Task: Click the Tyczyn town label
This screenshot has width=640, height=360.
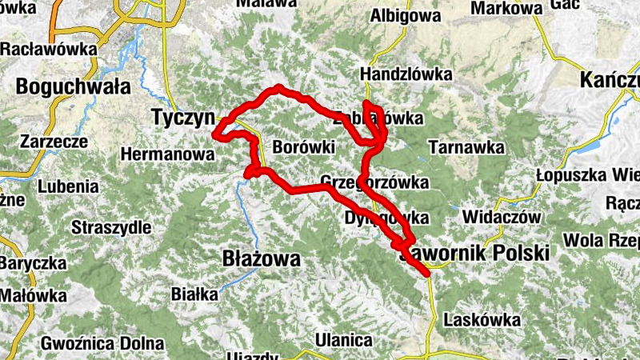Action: click(x=183, y=118)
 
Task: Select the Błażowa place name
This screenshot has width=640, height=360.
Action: click(x=261, y=259)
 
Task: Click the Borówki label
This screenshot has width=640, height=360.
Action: click(x=302, y=147)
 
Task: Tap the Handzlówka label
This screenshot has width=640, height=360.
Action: click(x=406, y=74)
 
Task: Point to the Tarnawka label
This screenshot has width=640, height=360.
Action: click(x=466, y=147)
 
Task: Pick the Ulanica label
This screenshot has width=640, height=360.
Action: click(x=344, y=339)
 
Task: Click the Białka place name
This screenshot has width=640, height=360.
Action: click(x=194, y=294)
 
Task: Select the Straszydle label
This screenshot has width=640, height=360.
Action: click(x=110, y=227)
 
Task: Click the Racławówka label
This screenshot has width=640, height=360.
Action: click(x=48, y=49)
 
